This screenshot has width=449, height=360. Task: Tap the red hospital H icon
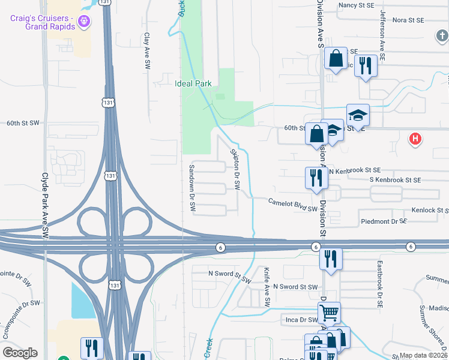(414, 140)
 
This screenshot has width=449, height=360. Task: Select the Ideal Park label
(193, 83)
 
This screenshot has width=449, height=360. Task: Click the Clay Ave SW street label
(146, 52)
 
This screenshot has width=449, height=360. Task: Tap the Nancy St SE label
(357, 5)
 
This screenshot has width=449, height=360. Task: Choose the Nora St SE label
(408, 20)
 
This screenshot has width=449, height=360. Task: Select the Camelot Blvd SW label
(292, 205)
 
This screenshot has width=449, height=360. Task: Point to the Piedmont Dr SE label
(384, 221)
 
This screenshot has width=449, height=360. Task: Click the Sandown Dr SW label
(193, 188)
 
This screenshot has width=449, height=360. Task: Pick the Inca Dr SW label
(301, 320)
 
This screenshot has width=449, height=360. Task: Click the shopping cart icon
(329, 312)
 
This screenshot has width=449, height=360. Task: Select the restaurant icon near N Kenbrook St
(315, 177)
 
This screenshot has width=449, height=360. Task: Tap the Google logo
(20, 353)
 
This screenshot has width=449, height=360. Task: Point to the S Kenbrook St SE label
(395, 179)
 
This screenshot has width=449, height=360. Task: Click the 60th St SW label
(23, 123)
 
